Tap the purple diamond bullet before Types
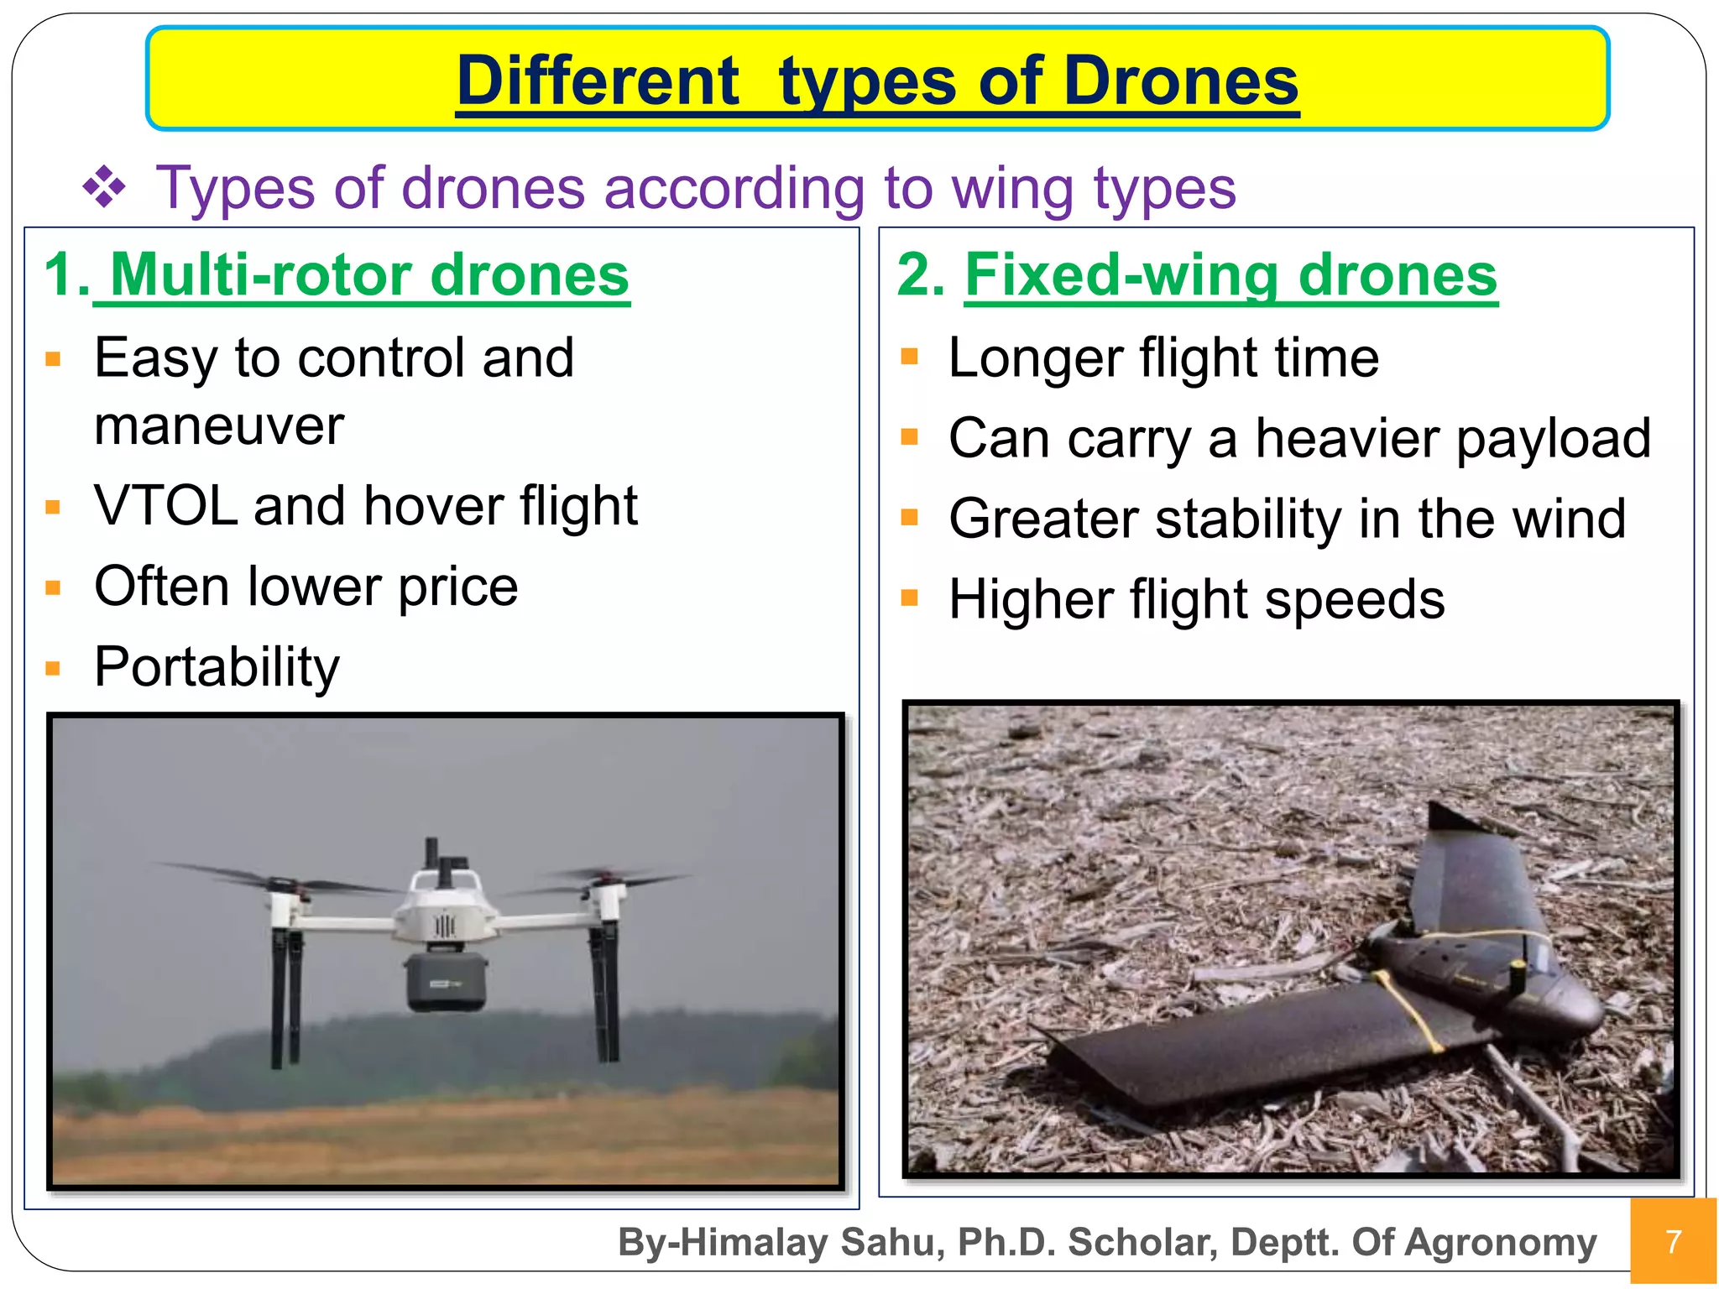pyautogui.click(x=104, y=187)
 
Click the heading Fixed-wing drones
pyautogui.click(x=1230, y=275)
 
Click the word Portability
pyautogui.click(x=217, y=667)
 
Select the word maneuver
pyautogui.click(x=219, y=426)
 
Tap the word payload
pyautogui.click(x=1553, y=439)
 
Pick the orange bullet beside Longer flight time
pyautogui.click(x=909, y=357)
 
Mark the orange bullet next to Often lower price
pyautogui.click(x=54, y=587)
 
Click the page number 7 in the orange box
pyautogui.click(x=1673, y=1241)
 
